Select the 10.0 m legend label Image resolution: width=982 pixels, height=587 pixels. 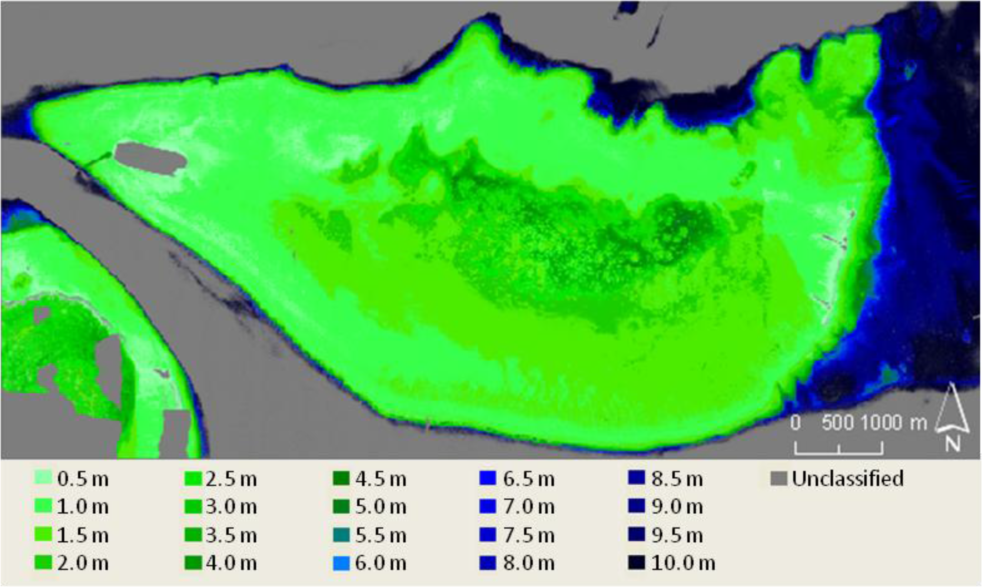click(x=683, y=563)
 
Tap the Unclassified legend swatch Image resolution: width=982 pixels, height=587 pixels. click(x=779, y=478)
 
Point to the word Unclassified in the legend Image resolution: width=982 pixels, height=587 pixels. click(x=848, y=478)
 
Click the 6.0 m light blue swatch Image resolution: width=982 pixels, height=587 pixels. click(x=341, y=563)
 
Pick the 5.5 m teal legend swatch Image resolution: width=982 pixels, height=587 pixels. click(x=341, y=535)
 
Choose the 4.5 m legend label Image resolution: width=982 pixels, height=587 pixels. click(x=381, y=479)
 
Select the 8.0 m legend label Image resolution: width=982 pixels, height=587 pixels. click(x=529, y=563)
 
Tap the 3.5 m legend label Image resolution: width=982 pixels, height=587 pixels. click(x=231, y=536)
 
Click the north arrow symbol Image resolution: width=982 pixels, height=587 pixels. click(x=952, y=409)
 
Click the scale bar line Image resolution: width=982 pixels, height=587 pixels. click(x=839, y=453)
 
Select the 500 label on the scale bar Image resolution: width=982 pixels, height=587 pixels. click(x=837, y=423)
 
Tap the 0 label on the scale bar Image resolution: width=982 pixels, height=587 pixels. click(x=796, y=423)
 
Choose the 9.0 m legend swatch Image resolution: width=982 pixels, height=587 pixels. click(x=636, y=506)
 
